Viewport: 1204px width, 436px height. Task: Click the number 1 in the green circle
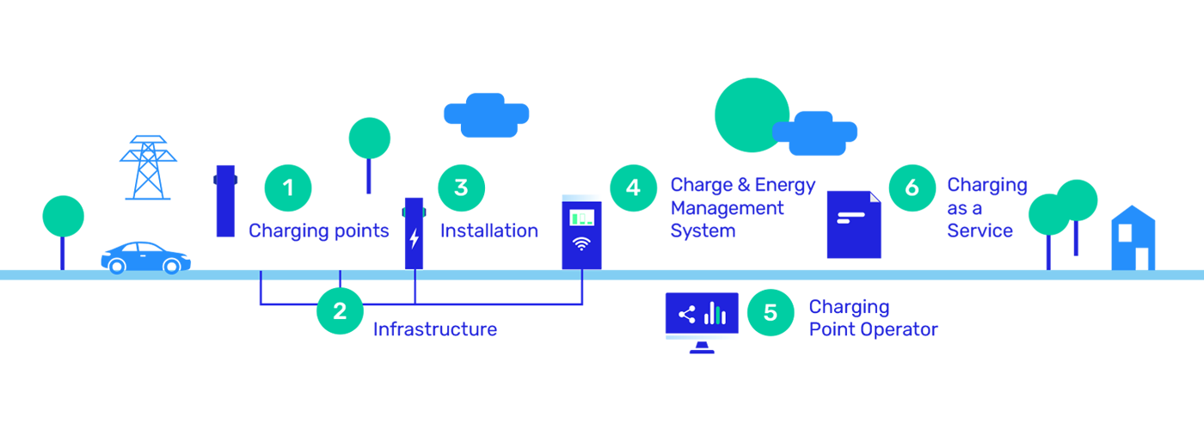[x=288, y=187]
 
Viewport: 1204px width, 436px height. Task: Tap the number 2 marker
[x=340, y=310]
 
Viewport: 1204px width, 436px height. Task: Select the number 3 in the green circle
[x=461, y=187]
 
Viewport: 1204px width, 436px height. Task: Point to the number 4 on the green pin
[x=634, y=187]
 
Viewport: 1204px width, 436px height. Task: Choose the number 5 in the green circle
[x=771, y=312]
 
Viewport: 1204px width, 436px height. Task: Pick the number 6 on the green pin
[x=912, y=187]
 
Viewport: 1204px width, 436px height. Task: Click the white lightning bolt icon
[x=415, y=238]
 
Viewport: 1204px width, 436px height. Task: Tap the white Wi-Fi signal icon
[x=582, y=243]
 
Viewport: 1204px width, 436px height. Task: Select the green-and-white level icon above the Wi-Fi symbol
[x=582, y=218]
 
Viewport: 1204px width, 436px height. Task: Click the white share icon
[x=686, y=315]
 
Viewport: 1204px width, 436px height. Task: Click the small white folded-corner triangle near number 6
[x=875, y=197]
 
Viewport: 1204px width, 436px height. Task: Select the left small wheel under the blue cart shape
[x=117, y=269]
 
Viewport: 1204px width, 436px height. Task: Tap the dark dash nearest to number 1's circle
[x=243, y=179]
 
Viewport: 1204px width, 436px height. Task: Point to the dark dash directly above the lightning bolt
[x=396, y=211]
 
